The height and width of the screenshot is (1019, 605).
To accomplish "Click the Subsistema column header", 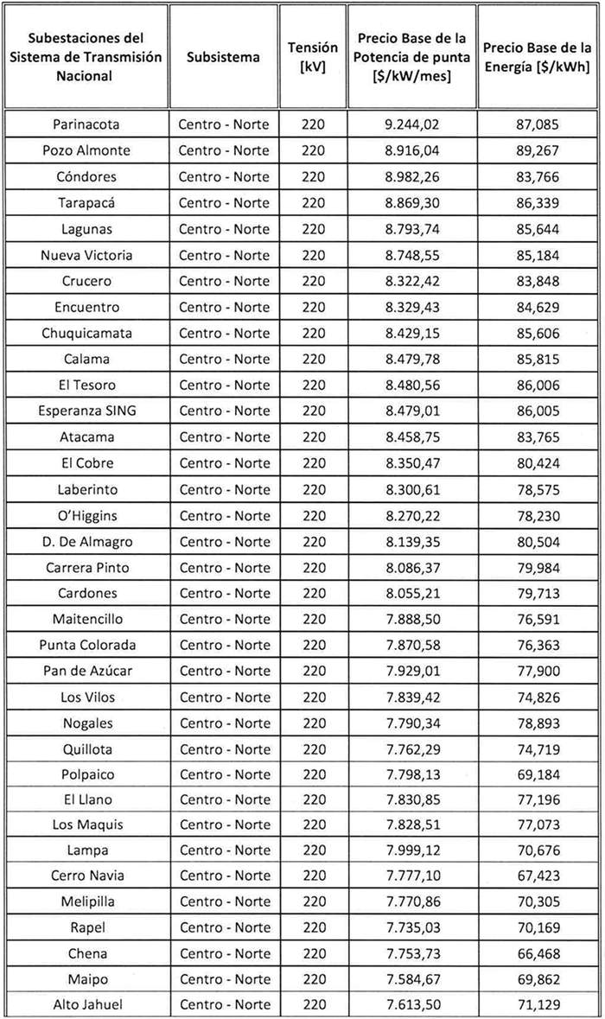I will click(223, 57).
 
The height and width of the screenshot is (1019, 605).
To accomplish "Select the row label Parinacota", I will click(86, 124).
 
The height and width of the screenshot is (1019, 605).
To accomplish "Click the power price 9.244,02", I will click(412, 124).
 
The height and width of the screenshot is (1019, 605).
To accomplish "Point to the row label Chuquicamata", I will click(86, 333).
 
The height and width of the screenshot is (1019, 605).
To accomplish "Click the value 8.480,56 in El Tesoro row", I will click(412, 385).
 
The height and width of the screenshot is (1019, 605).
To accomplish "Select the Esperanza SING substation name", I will click(86, 411).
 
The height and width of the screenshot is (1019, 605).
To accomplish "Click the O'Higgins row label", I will click(86, 516).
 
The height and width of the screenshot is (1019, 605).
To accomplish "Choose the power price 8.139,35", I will click(412, 542).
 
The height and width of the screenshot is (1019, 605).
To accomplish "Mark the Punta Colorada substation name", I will click(86, 645).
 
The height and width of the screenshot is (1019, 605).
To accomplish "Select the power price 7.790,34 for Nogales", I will click(412, 723).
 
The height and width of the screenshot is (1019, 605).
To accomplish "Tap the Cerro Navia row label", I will click(86, 876).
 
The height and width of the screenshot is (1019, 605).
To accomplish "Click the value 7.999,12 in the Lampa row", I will click(412, 850).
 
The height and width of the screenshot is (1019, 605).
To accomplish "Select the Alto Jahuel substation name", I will click(86, 1004).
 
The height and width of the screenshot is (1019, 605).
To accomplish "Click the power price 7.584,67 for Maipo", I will click(412, 979).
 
